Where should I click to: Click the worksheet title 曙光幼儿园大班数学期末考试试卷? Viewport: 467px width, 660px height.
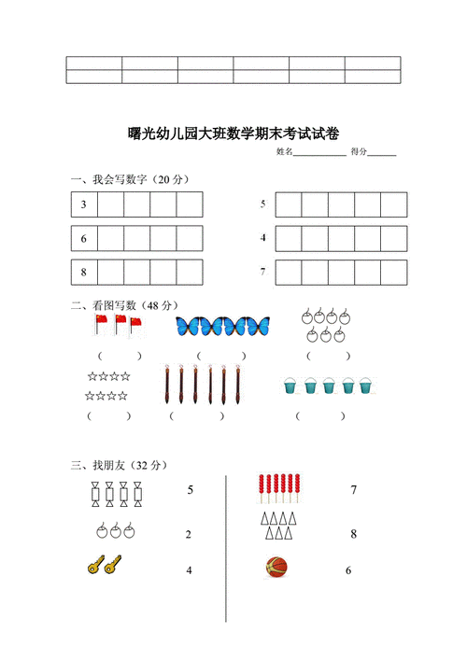233,133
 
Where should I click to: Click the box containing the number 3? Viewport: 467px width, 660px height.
84,204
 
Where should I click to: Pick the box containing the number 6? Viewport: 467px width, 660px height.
84,239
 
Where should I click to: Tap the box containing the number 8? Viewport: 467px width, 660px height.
84,273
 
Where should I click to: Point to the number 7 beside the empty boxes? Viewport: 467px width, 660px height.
263,273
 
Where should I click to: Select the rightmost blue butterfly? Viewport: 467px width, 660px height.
251,326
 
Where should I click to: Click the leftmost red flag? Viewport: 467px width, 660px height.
100,325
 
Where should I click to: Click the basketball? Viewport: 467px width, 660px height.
276,567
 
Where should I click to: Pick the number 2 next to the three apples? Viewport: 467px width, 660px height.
189,535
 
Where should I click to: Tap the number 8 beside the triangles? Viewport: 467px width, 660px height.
353,535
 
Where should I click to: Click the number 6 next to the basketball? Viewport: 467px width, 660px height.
348,570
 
